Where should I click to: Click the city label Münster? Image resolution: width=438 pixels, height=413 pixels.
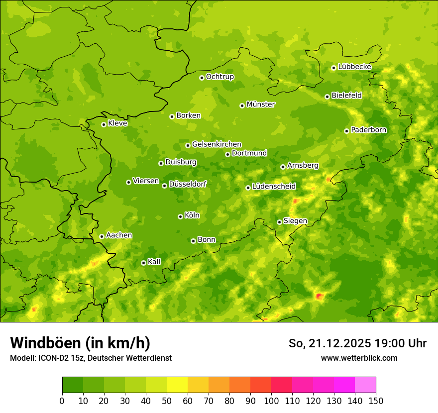point(261,104)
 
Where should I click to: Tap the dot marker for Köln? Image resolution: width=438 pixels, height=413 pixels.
point(180,216)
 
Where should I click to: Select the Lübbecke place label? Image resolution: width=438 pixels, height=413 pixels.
point(354,67)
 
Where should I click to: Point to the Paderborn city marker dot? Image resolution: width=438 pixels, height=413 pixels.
point(347,131)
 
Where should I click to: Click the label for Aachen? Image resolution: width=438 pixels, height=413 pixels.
point(119,235)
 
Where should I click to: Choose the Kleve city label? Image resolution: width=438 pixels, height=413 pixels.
point(117,123)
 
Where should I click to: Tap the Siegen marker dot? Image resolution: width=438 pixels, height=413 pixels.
point(279,222)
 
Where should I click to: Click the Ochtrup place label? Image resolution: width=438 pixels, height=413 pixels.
point(219,77)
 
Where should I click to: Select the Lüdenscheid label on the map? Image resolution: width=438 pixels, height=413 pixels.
point(274,187)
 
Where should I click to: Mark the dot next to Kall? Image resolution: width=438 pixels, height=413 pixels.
point(143,263)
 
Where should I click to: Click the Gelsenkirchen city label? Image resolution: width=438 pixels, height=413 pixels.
point(217,144)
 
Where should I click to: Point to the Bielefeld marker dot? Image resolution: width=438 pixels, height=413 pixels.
point(327,97)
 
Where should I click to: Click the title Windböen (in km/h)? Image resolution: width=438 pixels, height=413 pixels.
point(80,343)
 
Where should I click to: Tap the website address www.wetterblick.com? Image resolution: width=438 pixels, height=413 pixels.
point(359,358)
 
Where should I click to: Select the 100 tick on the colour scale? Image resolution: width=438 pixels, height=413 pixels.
point(271,401)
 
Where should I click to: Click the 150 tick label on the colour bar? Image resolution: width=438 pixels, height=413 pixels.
point(376,401)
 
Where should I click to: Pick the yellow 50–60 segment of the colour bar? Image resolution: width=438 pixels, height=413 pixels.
point(177,385)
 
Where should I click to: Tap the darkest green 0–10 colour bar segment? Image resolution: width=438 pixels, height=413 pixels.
point(73,385)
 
